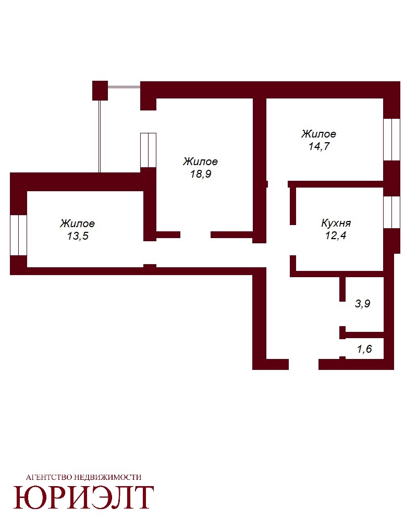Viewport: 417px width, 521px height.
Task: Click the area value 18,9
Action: [x=201, y=174]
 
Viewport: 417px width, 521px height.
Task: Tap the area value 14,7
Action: [x=319, y=146]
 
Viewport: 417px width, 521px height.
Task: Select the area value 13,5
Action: [x=78, y=236]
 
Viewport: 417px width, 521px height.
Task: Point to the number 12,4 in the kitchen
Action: [x=336, y=235]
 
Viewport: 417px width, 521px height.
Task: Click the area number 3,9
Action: [x=362, y=303]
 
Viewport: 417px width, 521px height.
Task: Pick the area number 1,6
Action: [x=364, y=349]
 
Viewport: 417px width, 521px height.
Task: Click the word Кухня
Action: [x=336, y=222]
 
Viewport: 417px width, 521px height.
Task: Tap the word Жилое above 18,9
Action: [x=201, y=162]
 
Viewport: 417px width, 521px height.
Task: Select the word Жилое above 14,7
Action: [x=318, y=134]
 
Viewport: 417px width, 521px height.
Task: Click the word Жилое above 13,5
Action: [x=78, y=224]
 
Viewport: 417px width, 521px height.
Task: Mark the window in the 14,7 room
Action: [x=392, y=140]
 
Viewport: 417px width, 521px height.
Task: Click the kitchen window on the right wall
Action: [x=392, y=212]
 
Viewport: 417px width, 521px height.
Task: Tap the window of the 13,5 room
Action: [x=18, y=235]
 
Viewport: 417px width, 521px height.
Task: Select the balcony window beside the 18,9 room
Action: [x=149, y=150]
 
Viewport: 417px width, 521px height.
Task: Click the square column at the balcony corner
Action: [x=100, y=90]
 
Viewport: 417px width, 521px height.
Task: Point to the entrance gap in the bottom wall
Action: [x=303, y=364]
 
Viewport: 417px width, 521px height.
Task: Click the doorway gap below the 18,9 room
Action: [x=195, y=235]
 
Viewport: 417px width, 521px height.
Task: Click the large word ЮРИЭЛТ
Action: [x=83, y=497]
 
